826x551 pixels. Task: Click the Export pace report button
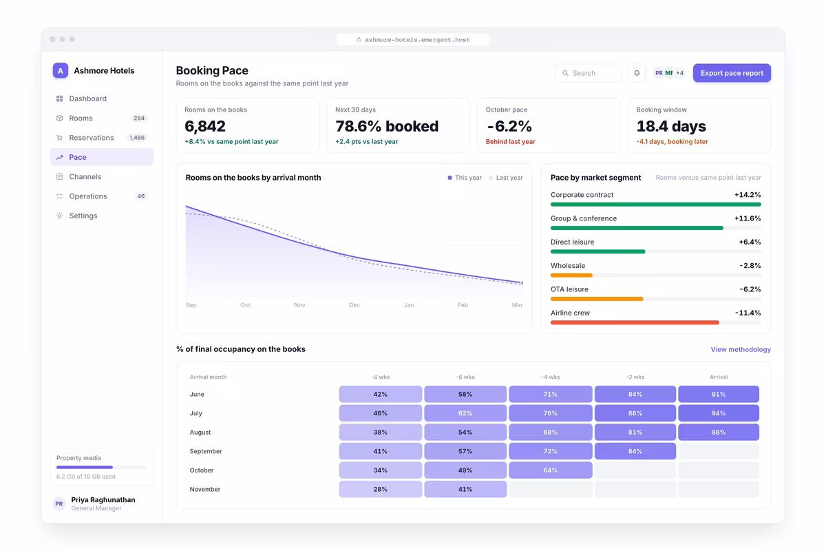(x=732, y=73)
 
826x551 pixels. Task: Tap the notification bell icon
(x=637, y=73)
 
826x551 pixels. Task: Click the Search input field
(x=588, y=73)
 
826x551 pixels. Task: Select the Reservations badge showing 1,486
(x=137, y=138)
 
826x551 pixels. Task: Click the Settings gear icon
(x=59, y=216)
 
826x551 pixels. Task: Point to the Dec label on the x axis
(x=354, y=305)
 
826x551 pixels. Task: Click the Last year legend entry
(x=506, y=178)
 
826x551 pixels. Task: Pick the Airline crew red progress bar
(x=635, y=322)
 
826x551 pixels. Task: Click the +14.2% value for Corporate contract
(x=748, y=195)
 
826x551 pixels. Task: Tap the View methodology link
(x=741, y=349)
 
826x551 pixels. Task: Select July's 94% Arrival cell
(x=719, y=413)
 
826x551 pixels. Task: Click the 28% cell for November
(x=380, y=490)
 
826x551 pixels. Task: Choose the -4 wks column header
(x=551, y=377)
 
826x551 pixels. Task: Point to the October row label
(x=201, y=470)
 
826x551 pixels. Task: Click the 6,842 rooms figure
(x=205, y=126)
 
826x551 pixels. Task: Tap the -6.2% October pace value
(x=509, y=126)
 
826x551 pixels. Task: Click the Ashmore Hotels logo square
(x=61, y=70)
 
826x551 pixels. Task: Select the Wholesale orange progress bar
(x=571, y=275)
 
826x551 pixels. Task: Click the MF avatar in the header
(x=669, y=73)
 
